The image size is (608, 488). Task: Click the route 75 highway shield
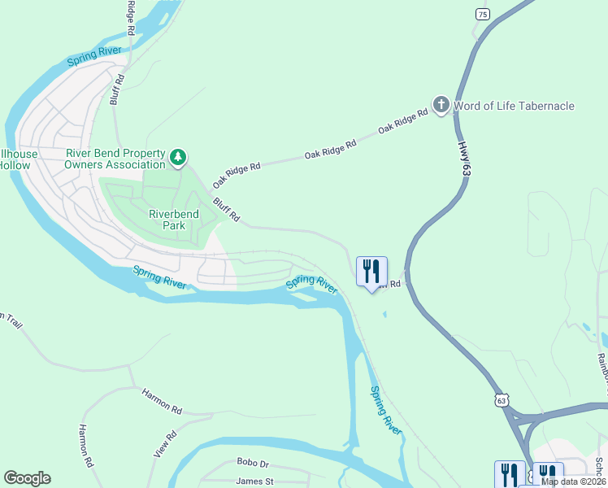(x=483, y=15)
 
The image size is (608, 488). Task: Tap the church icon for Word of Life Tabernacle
(x=441, y=105)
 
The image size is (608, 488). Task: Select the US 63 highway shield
(x=502, y=401)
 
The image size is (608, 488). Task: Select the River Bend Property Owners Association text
(x=115, y=158)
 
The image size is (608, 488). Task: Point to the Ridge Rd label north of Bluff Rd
(x=130, y=17)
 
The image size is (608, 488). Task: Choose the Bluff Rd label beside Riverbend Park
(x=227, y=209)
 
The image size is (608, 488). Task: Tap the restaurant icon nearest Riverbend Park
(x=371, y=272)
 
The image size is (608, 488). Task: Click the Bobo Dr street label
(x=253, y=463)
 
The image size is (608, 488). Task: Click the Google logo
(x=27, y=478)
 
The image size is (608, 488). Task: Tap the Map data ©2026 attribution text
(x=572, y=481)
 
